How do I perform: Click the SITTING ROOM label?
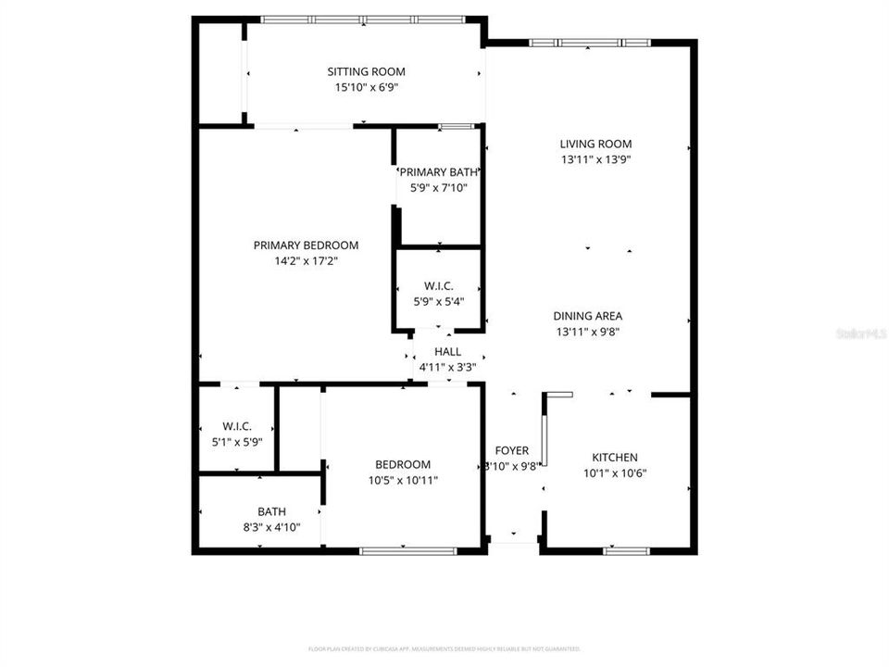pos(366,71)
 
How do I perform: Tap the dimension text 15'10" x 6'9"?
pos(366,87)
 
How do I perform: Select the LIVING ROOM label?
pos(595,144)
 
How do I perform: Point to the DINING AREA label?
pos(588,316)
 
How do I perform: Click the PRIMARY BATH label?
pos(438,172)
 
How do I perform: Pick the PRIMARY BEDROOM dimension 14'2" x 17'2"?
pos(306,261)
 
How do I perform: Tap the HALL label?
pos(448,352)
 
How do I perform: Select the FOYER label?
pos(511,451)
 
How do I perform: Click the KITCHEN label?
pos(615,458)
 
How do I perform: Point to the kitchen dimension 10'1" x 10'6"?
pos(615,473)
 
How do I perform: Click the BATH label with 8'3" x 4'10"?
pos(271,511)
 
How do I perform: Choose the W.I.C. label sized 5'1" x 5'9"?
pos(237,426)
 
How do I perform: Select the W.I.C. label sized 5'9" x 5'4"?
pos(438,285)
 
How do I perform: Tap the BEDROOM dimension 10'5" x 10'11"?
pos(402,480)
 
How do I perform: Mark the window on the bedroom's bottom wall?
pos(407,551)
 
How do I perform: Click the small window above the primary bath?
pos(451,126)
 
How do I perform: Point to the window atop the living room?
pos(589,43)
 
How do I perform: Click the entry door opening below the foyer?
pos(513,543)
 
